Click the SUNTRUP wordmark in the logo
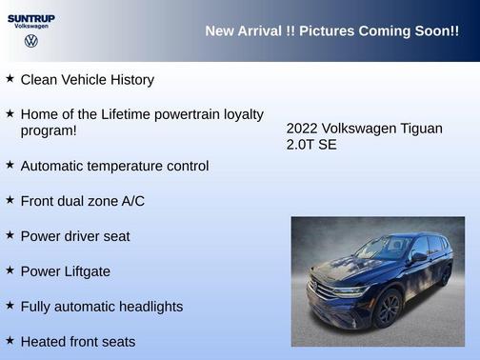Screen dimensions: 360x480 (30, 17)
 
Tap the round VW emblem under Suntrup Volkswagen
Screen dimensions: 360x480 (30, 41)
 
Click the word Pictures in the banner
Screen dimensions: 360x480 (323, 31)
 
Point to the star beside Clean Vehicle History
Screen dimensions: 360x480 (10, 78)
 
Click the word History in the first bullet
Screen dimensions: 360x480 (128, 80)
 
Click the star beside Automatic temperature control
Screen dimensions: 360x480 (10, 164)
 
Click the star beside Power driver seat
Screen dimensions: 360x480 (10, 234)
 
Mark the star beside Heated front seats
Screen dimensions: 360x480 (10, 340)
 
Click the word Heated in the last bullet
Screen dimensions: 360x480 (45, 342)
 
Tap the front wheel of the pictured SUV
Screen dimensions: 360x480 (388, 309)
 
